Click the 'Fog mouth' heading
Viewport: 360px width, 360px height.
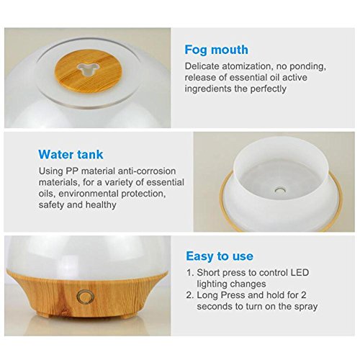tap(216, 50)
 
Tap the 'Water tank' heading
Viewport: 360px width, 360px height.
tap(71, 154)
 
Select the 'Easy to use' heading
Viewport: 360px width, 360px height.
tap(220, 256)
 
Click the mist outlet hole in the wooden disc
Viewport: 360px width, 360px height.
tap(88, 70)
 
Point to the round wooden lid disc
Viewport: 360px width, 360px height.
tap(88, 70)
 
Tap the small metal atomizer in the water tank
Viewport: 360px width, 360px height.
tap(280, 190)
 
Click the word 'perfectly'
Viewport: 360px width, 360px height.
tap(269, 89)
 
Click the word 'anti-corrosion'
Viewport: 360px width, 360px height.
tap(146, 171)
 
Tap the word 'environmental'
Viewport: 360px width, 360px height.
tap(89, 194)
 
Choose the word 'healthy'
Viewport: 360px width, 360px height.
tap(101, 205)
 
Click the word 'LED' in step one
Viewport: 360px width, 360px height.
tap(300, 273)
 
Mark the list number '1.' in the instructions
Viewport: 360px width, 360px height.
tap(190, 273)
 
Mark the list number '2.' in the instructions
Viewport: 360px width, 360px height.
tap(190, 295)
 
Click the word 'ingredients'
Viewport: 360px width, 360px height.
tap(208, 89)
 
